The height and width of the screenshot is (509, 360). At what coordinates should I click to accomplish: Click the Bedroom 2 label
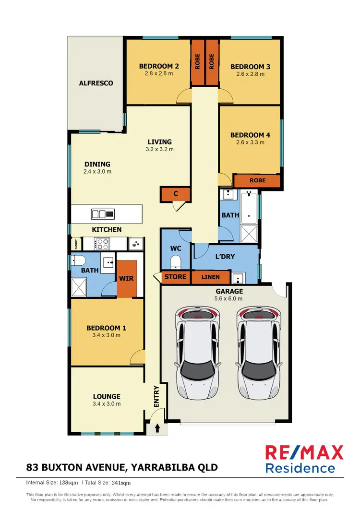click(159, 66)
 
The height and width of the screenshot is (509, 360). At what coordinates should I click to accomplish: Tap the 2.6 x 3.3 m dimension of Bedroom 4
click(250, 142)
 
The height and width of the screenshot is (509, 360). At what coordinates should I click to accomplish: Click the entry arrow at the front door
click(157, 428)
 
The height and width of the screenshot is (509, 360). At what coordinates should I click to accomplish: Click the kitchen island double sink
click(103, 214)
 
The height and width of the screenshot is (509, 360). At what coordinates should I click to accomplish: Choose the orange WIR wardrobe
click(127, 279)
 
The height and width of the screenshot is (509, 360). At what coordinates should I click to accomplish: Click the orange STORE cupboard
click(176, 277)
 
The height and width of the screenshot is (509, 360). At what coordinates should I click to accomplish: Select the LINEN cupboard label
click(211, 277)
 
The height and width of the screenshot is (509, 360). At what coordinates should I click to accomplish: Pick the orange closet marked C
click(176, 194)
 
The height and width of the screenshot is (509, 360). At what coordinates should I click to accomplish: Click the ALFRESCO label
click(96, 83)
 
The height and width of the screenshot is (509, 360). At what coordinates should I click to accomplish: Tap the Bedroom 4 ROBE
click(256, 181)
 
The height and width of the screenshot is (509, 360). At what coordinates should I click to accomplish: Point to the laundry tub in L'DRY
click(238, 278)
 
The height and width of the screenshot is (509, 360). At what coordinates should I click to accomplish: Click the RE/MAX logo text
click(305, 452)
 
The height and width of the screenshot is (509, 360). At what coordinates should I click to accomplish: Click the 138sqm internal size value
click(70, 482)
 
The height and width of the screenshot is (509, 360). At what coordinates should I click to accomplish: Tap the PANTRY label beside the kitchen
click(74, 244)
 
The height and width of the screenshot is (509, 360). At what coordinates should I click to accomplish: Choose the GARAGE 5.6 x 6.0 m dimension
click(229, 298)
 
